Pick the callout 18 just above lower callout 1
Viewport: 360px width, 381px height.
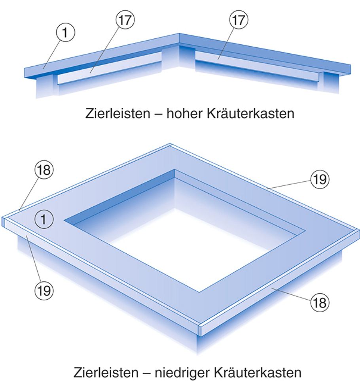pos(44,170)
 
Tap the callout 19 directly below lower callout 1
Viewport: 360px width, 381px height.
pos(44,290)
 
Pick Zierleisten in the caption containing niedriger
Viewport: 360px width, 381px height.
pos(106,372)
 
